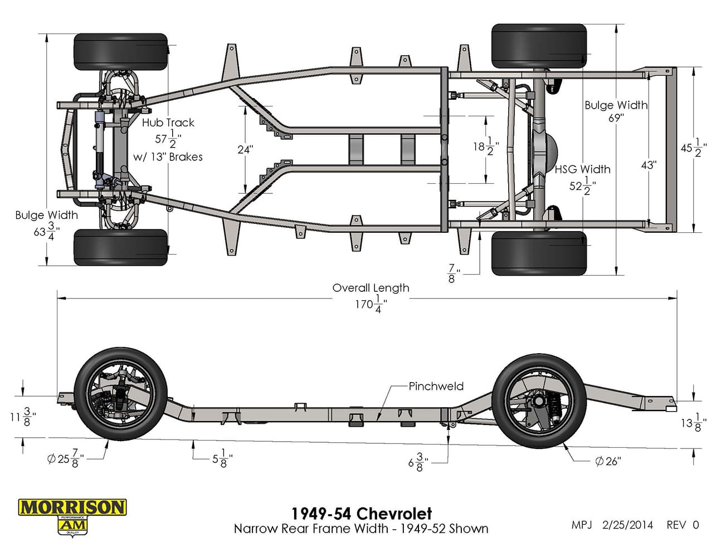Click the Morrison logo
pos(72,517)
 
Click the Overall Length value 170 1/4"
pos(371,304)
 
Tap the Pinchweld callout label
pos(436,386)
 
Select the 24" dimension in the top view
pos(245,150)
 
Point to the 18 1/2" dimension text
pos(486,146)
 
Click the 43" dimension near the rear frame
pos(649,165)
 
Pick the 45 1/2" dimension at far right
pos(694,148)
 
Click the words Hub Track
pos(168,123)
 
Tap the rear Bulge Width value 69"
pos(616,118)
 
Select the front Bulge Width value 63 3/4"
pos(47,231)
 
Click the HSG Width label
pos(583,169)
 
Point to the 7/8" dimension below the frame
pos(453,273)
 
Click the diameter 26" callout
pos(608,461)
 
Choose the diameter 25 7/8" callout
pos(65,458)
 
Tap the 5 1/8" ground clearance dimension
pos(223,458)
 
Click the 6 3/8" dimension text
pos(418,462)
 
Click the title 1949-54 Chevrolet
pos(362,514)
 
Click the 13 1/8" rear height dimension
pos(694,423)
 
